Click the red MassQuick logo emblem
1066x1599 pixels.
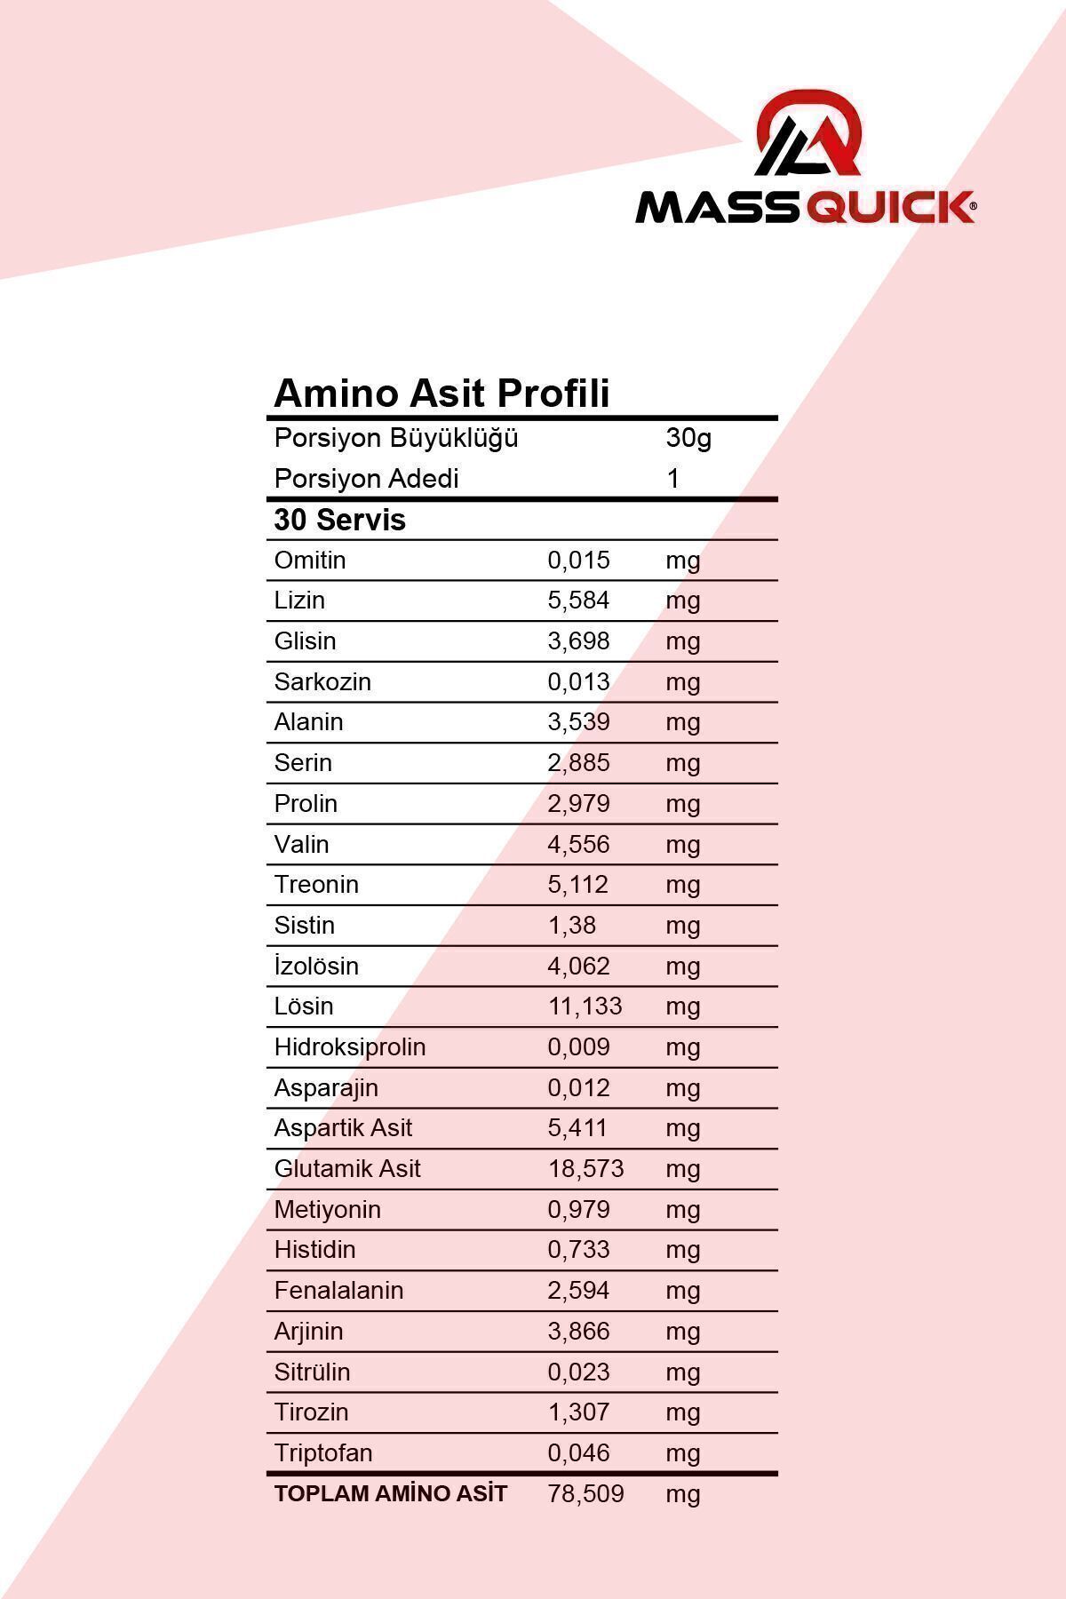click(809, 134)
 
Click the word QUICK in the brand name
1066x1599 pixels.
click(890, 208)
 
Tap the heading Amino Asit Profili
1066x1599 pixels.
click(442, 393)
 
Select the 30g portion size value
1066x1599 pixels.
click(688, 438)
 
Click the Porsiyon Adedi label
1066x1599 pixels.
click(366, 479)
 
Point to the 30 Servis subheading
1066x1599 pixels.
click(339, 520)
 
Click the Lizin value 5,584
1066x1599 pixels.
click(578, 601)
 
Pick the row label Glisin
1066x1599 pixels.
click(305, 641)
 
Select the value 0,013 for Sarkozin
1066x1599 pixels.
click(578, 681)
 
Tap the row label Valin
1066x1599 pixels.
click(301, 844)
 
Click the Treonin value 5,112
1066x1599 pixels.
click(578, 885)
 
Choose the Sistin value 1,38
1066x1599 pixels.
click(571, 926)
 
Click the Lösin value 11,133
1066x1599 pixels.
click(585, 1006)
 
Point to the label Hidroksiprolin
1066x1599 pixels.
click(350, 1047)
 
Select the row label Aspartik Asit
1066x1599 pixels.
click(343, 1128)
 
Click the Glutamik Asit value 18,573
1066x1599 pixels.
click(585, 1169)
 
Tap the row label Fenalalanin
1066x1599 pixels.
click(338, 1291)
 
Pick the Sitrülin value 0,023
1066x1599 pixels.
click(578, 1372)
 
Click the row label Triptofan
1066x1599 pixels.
click(323, 1453)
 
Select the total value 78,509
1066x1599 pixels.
click(585, 1494)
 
